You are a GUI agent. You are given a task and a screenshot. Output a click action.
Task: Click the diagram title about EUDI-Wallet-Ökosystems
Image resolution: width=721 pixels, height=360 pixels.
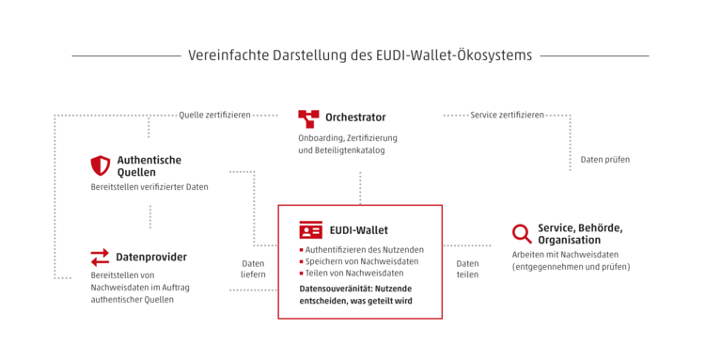click(x=360, y=55)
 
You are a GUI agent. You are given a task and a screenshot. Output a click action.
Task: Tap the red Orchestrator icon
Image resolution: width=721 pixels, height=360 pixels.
click(x=308, y=118)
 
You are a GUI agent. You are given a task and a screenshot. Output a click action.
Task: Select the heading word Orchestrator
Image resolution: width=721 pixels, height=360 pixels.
click(x=355, y=117)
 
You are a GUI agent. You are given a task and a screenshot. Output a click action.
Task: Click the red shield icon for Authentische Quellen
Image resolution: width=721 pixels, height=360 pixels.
click(x=101, y=165)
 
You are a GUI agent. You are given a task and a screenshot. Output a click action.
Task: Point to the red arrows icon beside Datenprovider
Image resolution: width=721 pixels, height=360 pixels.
click(x=100, y=258)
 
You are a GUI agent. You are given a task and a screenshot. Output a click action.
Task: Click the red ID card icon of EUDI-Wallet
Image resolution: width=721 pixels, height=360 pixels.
click(x=311, y=229)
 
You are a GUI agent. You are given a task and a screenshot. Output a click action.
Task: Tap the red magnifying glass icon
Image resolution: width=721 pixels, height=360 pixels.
click(x=522, y=233)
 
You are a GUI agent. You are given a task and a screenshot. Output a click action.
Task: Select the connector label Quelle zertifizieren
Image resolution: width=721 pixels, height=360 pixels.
click(x=214, y=115)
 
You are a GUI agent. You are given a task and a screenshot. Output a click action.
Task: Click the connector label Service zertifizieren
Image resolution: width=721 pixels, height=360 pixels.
click(x=507, y=115)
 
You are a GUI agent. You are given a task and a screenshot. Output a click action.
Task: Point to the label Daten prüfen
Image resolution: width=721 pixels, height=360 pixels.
click(x=605, y=160)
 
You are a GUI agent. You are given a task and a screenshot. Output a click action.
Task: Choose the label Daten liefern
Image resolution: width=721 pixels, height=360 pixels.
click(x=254, y=269)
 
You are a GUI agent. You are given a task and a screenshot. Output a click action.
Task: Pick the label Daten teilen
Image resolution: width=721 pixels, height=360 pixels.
click(x=467, y=269)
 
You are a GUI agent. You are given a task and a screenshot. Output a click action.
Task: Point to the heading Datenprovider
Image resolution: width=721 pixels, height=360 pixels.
click(x=151, y=257)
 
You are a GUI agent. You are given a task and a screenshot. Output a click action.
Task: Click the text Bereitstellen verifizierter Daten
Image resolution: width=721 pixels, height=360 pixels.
click(x=149, y=187)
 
